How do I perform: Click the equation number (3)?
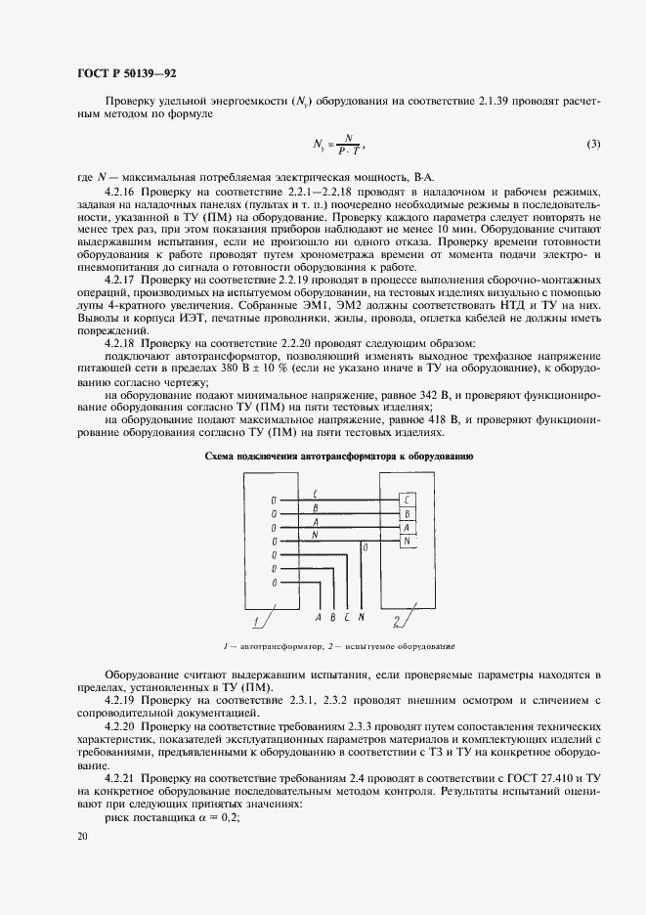(593, 145)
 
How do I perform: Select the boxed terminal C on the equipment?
(406, 499)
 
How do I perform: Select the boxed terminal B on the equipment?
(406, 513)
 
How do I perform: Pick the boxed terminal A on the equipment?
(406, 527)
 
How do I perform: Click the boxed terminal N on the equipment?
(406, 541)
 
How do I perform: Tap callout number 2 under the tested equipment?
(395, 622)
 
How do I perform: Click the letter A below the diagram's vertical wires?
(319, 618)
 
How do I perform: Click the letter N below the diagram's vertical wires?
(362, 618)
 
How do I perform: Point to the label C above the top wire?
(313, 494)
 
